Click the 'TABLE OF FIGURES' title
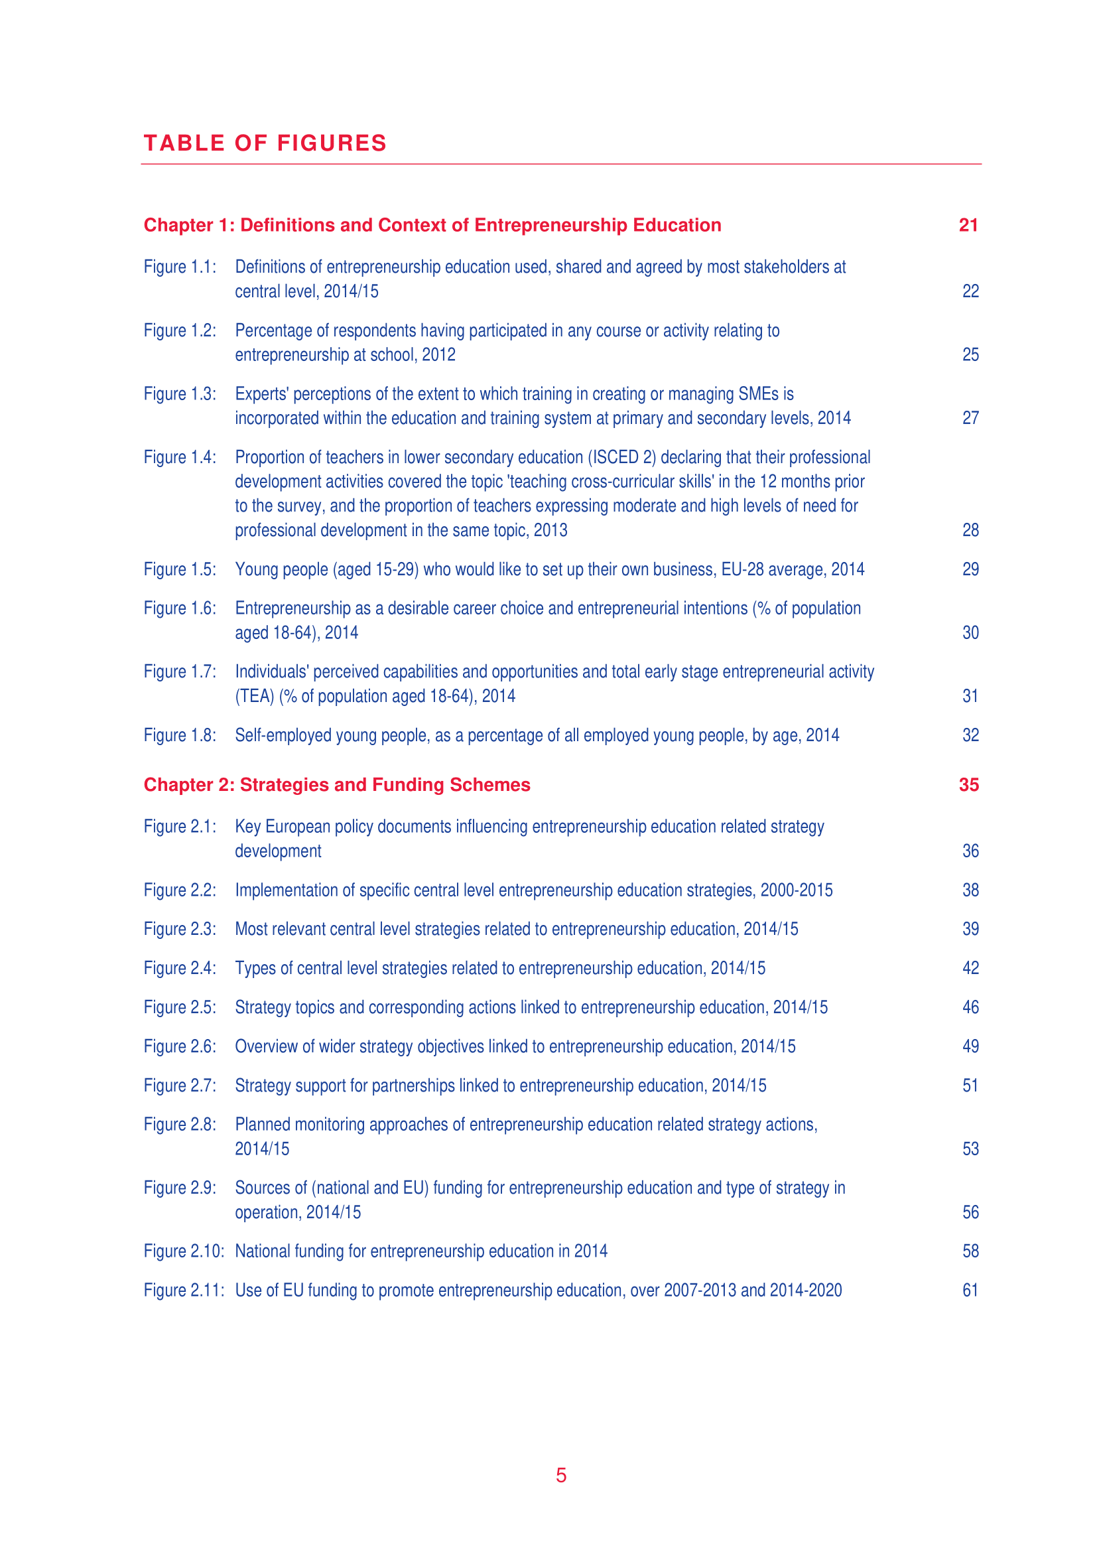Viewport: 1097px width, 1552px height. (265, 143)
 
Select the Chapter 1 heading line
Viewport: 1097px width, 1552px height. (432, 225)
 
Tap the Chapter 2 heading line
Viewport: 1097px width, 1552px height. (336, 785)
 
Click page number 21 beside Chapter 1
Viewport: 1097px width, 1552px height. (968, 225)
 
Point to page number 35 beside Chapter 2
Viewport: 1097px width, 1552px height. (968, 785)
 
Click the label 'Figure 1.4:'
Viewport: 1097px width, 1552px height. (180, 458)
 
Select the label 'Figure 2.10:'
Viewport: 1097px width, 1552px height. (183, 1251)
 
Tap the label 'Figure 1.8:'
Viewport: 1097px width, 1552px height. (180, 735)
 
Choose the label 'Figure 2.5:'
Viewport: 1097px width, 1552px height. (180, 1007)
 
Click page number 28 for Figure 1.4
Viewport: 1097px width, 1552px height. (970, 530)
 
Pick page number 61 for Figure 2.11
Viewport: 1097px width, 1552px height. (970, 1291)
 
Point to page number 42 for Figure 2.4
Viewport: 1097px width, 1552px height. (970, 968)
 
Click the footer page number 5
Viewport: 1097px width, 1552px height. (560, 1475)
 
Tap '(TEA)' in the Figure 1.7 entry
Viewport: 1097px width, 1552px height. (254, 696)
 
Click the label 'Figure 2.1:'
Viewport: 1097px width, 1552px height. (180, 827)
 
